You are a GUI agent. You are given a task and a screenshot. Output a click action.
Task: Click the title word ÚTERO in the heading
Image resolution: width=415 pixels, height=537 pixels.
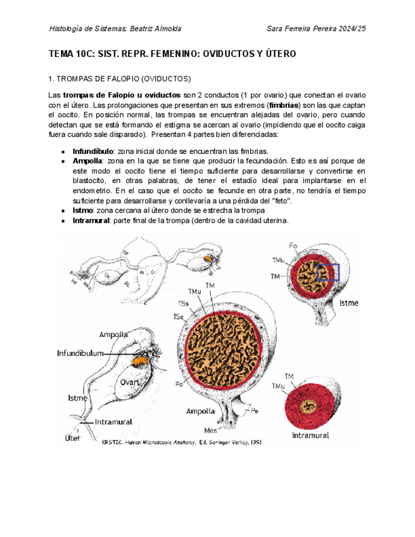point(278,54)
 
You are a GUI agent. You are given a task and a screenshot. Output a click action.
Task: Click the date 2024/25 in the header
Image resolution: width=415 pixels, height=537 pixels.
point(347,28)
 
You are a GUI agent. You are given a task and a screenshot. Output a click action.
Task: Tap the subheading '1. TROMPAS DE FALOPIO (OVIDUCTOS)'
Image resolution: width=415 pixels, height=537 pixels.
point(120,79)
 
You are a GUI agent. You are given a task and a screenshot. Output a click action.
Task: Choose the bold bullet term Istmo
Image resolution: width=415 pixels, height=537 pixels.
point(84,210)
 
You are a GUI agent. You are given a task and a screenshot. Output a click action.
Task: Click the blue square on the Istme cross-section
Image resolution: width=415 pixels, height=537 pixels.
point(329,272)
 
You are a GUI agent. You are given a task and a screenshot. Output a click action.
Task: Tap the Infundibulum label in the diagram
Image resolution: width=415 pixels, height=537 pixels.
point(80,353)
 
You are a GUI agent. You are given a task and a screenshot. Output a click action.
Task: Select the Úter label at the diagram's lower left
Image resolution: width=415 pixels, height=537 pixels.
point(73,438)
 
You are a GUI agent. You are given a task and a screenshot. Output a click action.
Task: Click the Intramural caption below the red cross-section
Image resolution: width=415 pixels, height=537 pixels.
point(310,435)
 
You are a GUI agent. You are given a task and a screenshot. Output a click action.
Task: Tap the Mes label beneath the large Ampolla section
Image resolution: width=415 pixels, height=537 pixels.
point(208,430)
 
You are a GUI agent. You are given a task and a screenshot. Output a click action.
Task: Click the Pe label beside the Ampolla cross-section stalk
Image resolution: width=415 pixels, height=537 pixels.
point(255,410)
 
